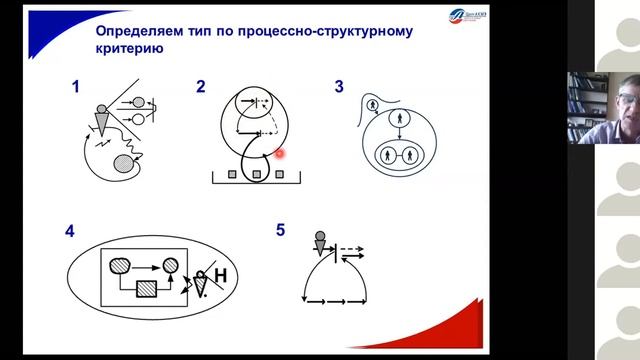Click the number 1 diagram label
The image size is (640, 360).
75,88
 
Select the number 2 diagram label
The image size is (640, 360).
201,88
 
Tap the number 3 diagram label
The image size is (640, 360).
339,88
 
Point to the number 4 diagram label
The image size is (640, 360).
70,231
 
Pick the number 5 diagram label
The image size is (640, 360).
281,231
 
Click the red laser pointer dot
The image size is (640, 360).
281,153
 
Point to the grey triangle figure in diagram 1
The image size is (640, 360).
104,124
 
